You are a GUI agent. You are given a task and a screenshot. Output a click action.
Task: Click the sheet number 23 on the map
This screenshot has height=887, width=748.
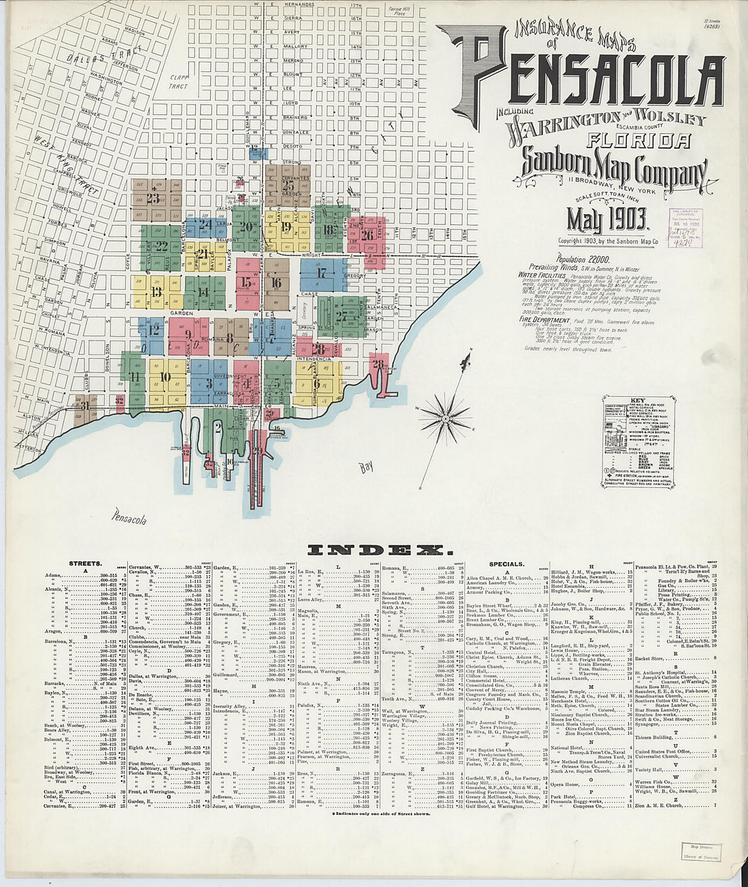click(152, 198)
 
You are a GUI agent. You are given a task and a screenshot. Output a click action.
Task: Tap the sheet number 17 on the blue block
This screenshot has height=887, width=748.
click(322, 273)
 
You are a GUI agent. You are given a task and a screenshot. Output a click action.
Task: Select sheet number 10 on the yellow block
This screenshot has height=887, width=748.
click(164, 379)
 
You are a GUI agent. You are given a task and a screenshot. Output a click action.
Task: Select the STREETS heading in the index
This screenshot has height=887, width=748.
click(85, 563)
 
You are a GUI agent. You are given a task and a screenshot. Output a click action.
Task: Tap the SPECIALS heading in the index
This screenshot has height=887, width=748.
click(507, 563)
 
